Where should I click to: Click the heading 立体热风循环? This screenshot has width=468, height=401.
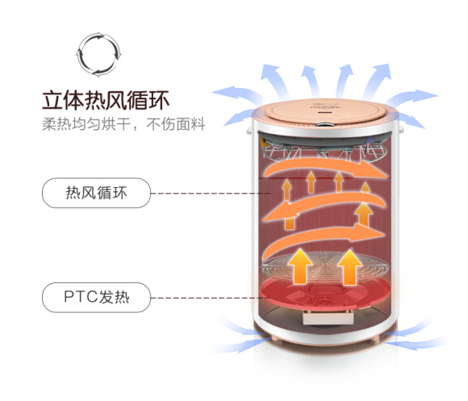coord(106,101)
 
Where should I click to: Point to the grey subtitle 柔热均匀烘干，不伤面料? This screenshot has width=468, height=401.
coord(123,124)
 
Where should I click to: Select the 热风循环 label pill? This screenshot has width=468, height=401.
coord(96,193)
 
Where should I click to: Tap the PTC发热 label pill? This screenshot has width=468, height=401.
coord(96,298)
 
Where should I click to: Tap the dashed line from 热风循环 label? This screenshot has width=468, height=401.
coord(211,194)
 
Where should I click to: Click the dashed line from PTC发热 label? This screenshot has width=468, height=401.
coord(211,298)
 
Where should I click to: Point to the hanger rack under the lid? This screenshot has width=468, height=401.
coord(324,151)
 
